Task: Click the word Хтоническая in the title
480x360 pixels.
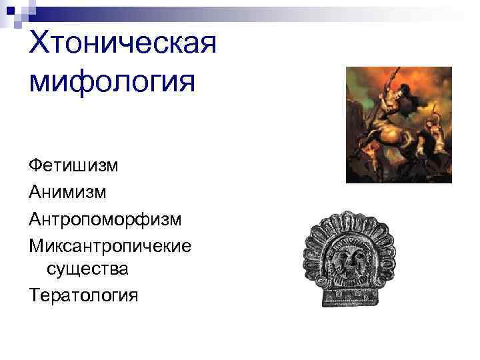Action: point(123,45)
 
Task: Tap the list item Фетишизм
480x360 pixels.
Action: point(73,164)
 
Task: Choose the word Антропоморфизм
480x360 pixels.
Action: point(105,219)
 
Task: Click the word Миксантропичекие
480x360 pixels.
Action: point(110,245)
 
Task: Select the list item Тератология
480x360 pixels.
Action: point(83,295)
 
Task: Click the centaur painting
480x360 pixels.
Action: point(399,125)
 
